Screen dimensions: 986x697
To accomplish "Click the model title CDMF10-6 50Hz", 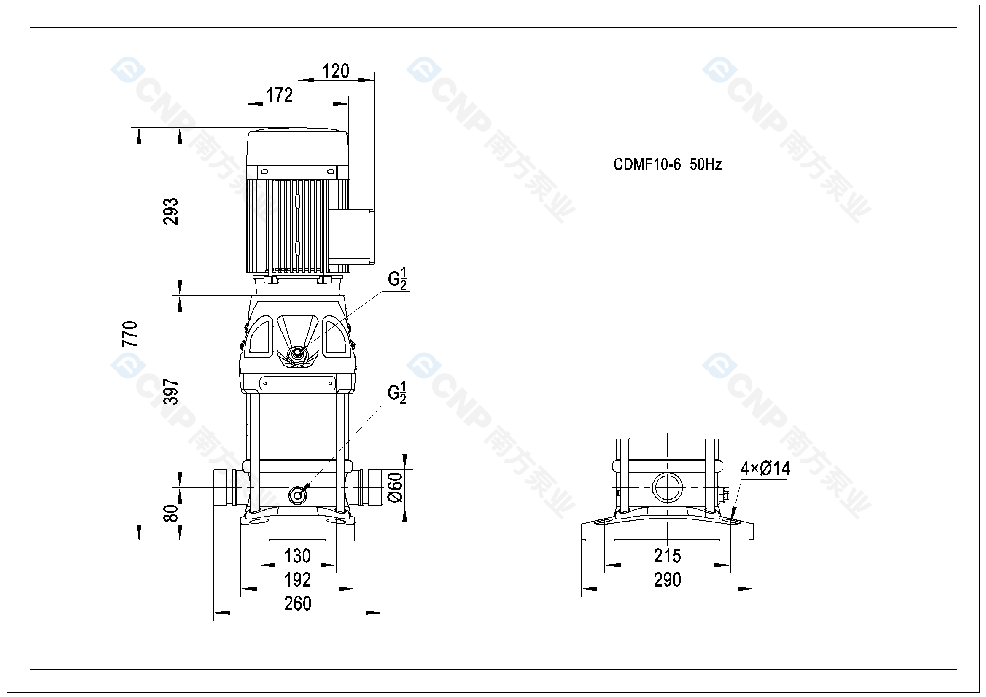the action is (667, 164).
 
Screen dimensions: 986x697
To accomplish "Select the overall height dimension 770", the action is (130, 334).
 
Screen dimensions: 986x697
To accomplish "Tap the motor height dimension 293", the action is (170, 211).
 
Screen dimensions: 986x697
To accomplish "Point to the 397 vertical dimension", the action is (170, 392).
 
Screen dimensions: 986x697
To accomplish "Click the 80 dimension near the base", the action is (170, 513).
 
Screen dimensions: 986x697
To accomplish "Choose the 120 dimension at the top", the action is (335, 71).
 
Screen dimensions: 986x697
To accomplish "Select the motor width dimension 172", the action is (280, 95).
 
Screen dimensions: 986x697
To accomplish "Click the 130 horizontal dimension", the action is (298, 556).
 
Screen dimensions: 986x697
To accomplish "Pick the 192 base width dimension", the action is (298, 580).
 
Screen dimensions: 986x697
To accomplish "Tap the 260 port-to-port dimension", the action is (298, 603).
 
